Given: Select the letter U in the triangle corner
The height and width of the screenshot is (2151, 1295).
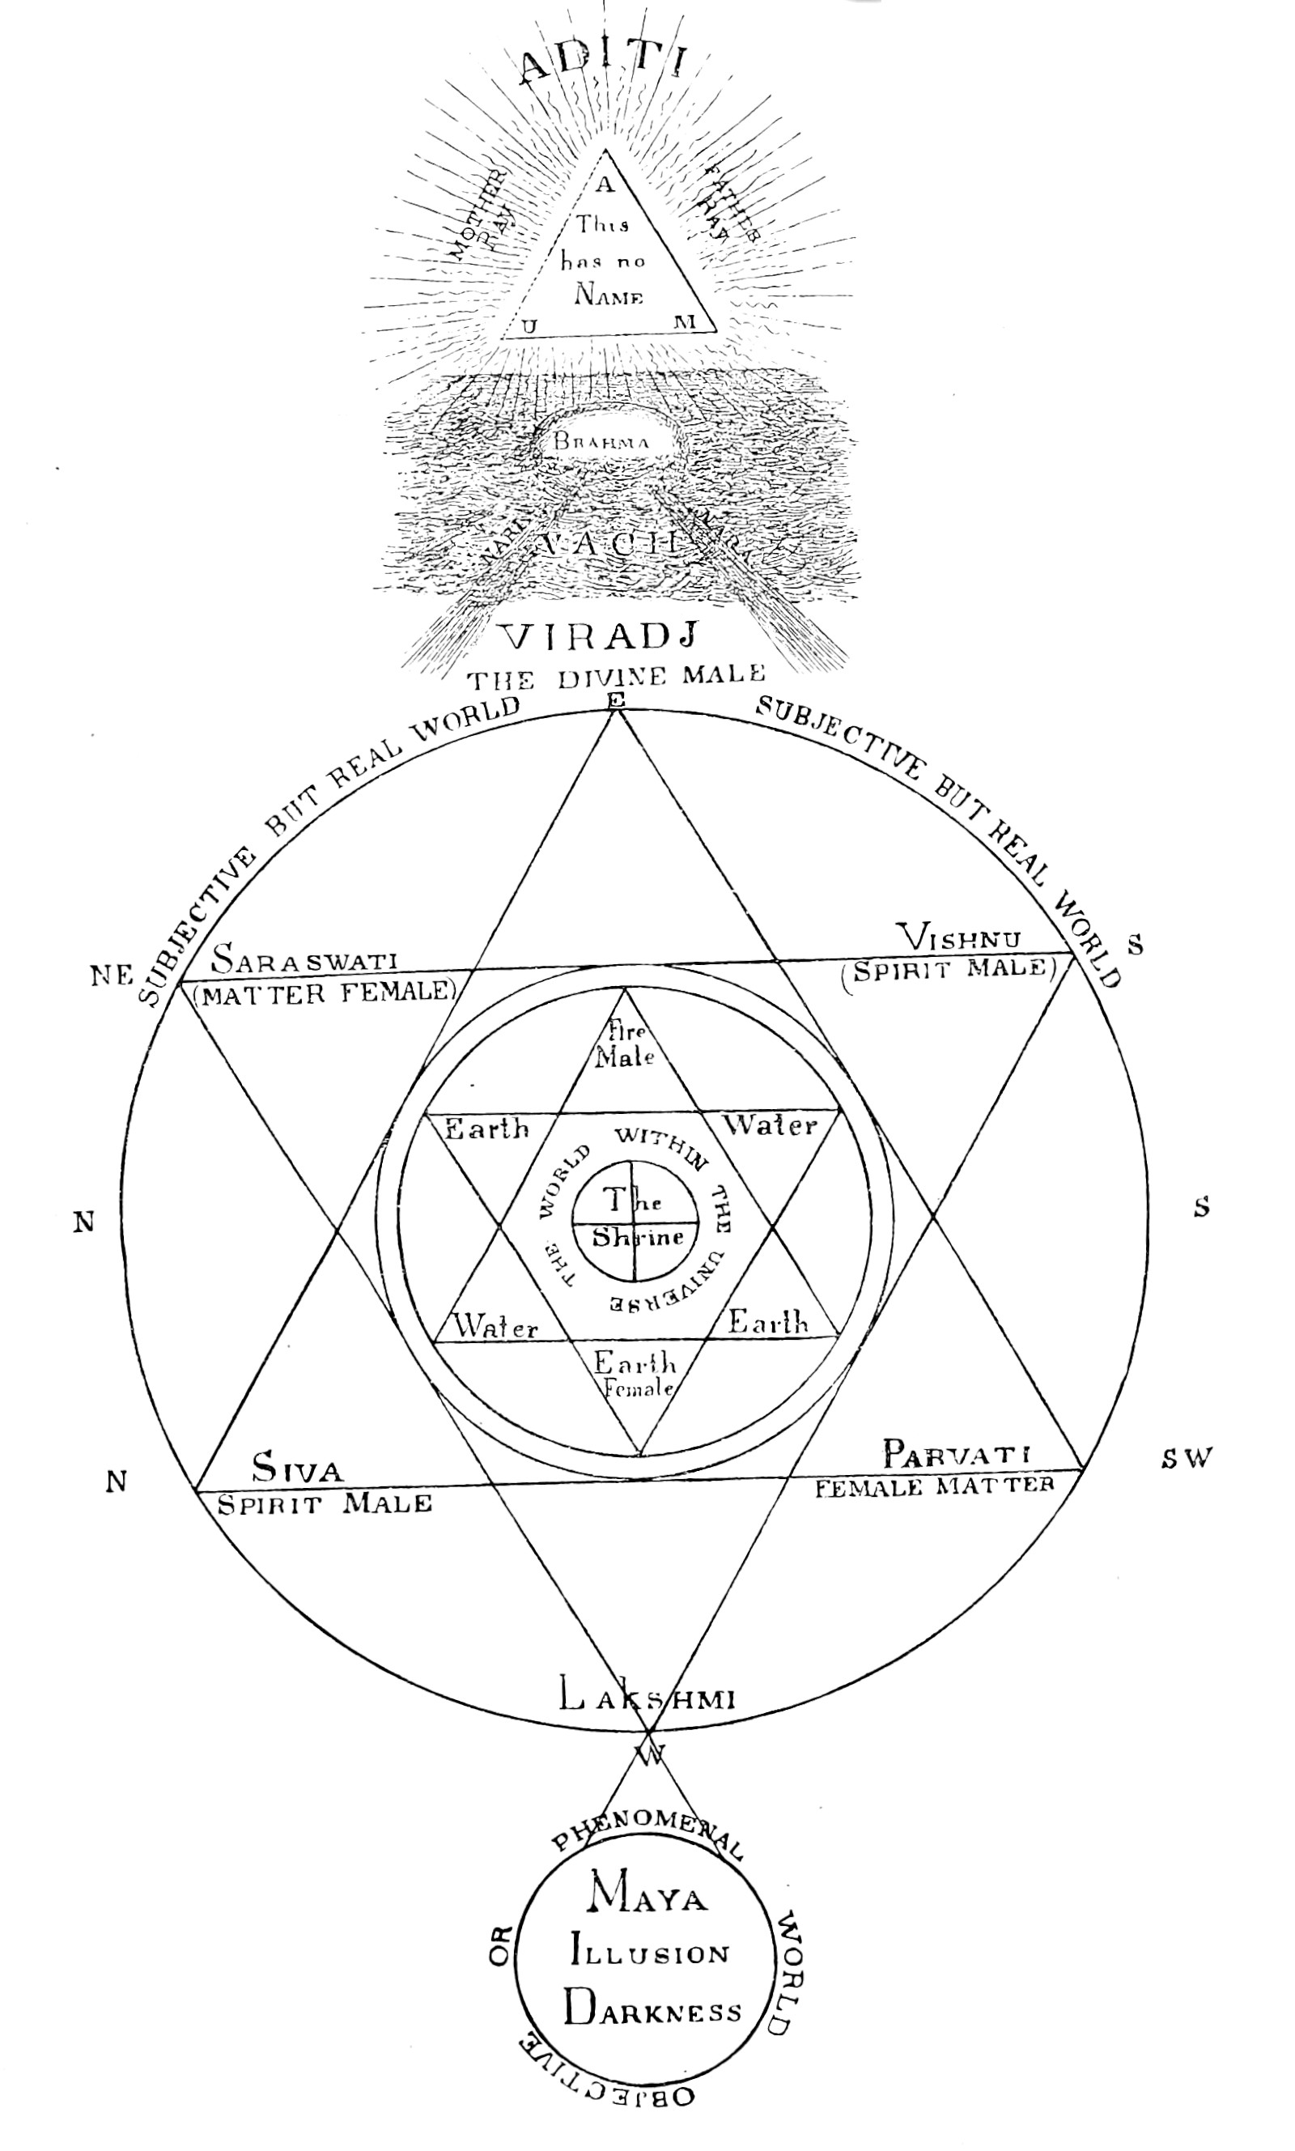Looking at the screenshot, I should click(529, 326).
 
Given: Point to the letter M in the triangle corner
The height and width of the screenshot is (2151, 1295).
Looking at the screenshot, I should click(684, 322).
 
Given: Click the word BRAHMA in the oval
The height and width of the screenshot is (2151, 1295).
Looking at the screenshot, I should click(601, 441).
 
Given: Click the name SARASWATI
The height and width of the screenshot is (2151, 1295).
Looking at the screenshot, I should click(304, 961).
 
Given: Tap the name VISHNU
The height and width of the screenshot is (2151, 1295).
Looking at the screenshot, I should click(961, 939).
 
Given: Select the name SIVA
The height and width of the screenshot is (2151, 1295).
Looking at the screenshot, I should click(298, 1469).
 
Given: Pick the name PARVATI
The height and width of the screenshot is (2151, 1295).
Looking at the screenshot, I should click(957, 1454).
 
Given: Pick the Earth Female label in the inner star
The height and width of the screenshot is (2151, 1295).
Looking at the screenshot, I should click(635, 1374).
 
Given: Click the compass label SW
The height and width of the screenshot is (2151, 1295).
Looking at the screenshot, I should click(1187, 1457).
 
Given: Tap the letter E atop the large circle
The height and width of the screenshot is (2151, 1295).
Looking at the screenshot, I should click(616, 701).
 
